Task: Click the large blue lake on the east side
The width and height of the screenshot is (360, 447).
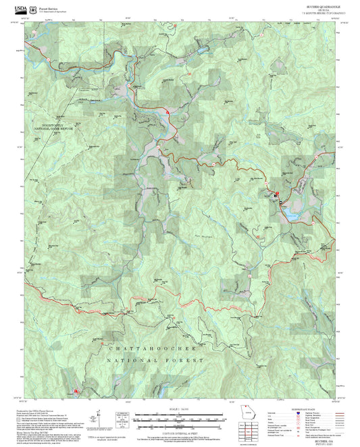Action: click(x=291, y=213)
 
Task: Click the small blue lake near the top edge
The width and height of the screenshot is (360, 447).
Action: click(x=201, y=50)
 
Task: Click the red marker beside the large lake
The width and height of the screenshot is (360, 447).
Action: click(x=276, y=194)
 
